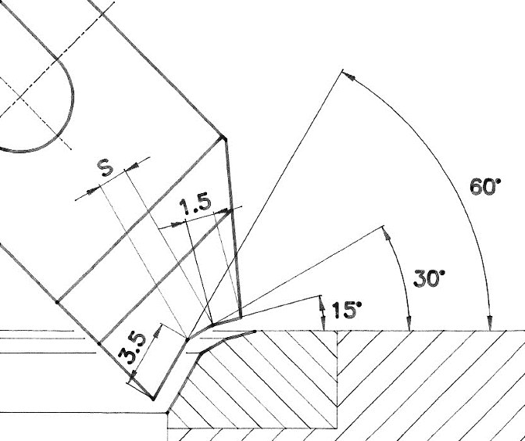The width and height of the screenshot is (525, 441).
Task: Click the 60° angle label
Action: tap(485, 186)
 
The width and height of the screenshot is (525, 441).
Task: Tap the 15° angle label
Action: tap(347, 310)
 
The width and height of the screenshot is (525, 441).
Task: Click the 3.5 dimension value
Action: tap(133, 348)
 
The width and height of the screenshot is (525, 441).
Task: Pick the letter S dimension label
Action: tap(106, 168)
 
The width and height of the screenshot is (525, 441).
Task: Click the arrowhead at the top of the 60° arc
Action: tap(348, 76)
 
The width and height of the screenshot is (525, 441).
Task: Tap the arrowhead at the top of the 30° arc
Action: tap(387, 233)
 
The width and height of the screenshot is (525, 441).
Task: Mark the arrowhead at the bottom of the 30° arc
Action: tap(409, 323)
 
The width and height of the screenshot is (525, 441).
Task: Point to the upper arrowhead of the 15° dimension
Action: tap(322, 303)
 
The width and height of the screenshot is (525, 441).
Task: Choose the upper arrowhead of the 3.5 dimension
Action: tap(158, 331)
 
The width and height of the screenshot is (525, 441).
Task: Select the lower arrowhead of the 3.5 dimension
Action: tap(132, 376)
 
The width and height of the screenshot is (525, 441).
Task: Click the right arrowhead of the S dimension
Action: tap(131, 167)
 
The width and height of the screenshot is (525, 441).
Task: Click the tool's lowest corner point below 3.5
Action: tap(153, 399)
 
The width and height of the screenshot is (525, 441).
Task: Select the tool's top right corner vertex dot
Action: tap(223, 138)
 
